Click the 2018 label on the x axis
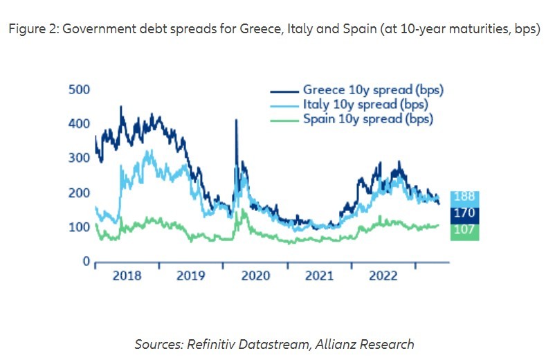click(127, 276)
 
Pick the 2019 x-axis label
click(190, 276)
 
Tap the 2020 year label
click(255, 276)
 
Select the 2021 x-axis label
click(319, 276)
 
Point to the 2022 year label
click(383, 276)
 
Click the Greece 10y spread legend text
click(372, 90)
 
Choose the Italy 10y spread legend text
click(365, 105)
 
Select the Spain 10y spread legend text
click(367, 118)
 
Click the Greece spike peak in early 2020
click(237, 120)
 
